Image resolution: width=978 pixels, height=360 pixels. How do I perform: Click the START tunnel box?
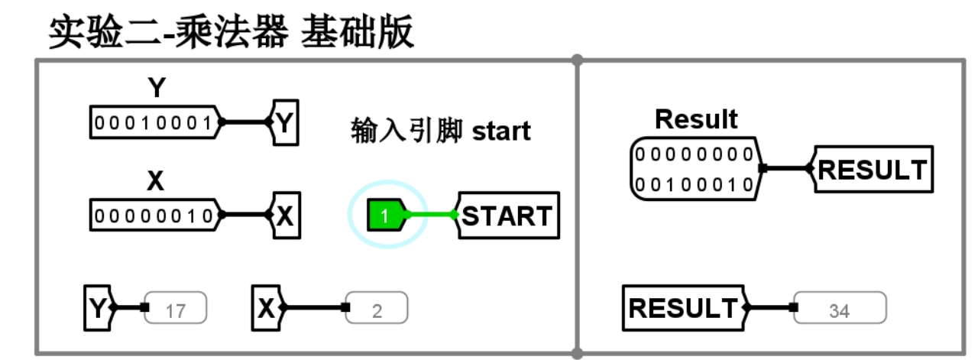tap(507, 216)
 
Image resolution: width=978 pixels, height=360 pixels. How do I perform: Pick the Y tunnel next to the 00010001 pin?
tap(284, 122)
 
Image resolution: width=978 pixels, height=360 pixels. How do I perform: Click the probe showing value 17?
tap(175, 309)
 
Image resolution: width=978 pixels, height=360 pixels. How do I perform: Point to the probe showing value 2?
tap(376, 309)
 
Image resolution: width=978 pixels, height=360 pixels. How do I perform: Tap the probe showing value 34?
tap(839, 309)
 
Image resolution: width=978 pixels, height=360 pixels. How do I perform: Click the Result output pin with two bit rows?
tap(694, 169)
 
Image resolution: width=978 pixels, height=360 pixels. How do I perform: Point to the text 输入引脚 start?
tap(441, 130)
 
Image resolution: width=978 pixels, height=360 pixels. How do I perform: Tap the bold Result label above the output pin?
tap(696, 119)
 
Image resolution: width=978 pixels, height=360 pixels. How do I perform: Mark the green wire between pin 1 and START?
tap(432, 216)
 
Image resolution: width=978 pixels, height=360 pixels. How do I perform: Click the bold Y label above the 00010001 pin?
tap(156, 89)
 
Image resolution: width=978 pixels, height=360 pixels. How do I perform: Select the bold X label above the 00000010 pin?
tap(155, 182)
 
